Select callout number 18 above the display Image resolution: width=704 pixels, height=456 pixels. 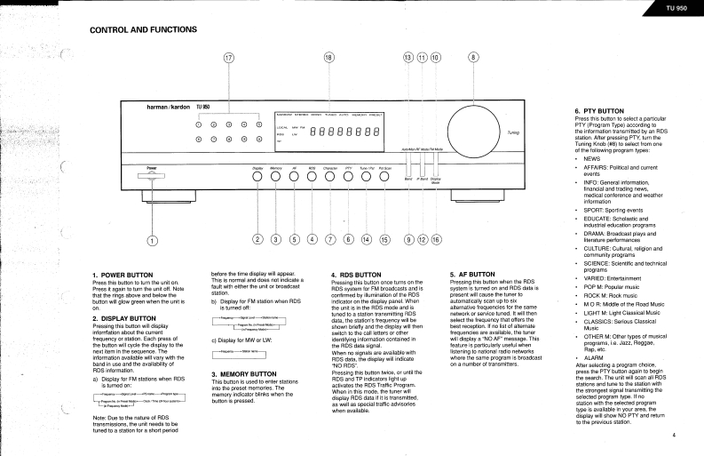point(328,59)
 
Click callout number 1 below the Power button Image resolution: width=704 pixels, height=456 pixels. point(152,239)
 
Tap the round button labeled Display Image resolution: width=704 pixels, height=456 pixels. point(257,175)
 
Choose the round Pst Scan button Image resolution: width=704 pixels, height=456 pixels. point(384,175)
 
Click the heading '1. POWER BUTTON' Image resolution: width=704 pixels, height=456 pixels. point(122,276)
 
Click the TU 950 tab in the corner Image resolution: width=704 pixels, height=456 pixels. point(676,8)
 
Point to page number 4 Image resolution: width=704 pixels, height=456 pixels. point(674,436)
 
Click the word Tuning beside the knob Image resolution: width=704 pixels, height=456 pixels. point(514,132)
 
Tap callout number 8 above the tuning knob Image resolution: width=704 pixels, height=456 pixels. point(473,59)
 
